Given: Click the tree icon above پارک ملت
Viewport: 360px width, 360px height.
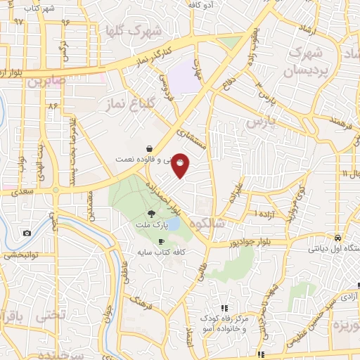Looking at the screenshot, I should coord(151,214).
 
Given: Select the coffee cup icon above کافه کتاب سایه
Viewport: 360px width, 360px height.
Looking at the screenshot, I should coord(162,241).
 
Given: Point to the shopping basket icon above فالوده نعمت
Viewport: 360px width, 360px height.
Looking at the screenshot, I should coord(150,149).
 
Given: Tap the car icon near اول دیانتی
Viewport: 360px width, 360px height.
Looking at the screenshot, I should coord(338,238).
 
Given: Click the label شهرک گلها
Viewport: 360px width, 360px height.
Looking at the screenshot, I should coord(131,32).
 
